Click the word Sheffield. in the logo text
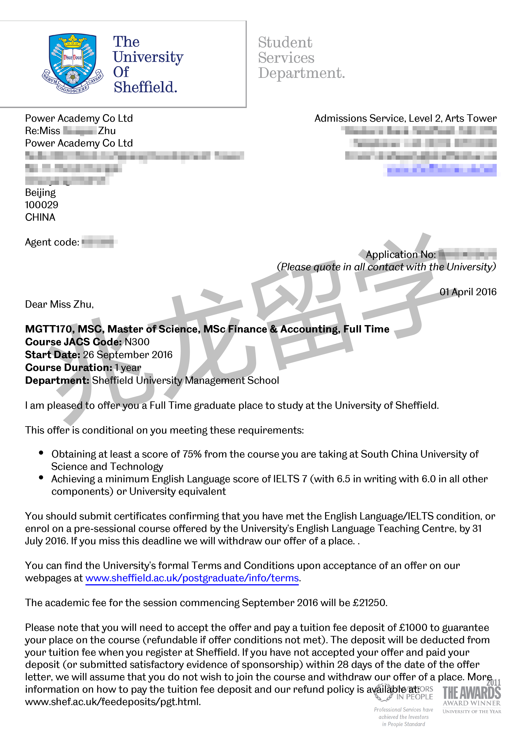coord(145,87)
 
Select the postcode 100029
coord(42,205)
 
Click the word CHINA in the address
coord(40,217)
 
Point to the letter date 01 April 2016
coord(468,292)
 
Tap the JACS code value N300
coord(137,342)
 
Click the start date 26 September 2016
coord(128,355)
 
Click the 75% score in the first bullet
coord(192,454)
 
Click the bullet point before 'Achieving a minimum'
coord(41,478)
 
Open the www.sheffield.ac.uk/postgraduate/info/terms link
coord(192,578)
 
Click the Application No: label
coord(401,254)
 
